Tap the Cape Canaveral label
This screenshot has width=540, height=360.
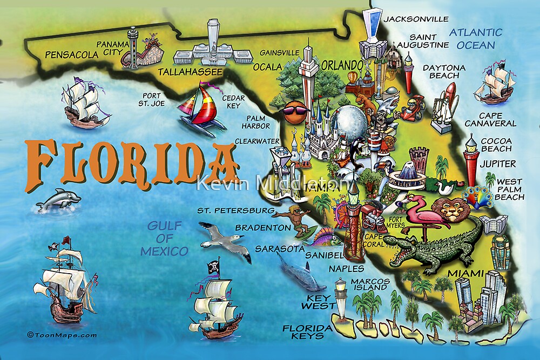(490, 119)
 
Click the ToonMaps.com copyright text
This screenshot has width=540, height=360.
(54, 335)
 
